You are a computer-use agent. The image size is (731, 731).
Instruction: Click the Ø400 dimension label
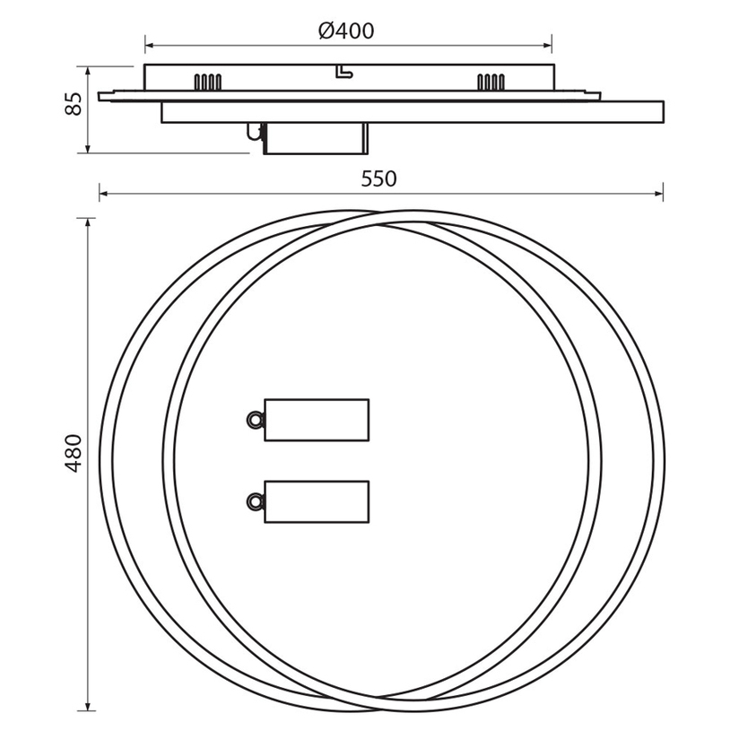(346, 30)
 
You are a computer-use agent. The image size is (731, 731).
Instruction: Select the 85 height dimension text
(74, 103)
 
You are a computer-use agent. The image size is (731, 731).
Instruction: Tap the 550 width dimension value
(379, 179)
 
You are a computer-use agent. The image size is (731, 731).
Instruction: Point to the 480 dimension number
(74, 453)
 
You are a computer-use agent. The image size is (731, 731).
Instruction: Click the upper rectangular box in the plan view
(317, 420)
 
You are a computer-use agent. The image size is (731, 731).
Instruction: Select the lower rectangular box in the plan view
(317, 501)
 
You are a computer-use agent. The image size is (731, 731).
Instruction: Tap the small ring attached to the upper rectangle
(254, 420)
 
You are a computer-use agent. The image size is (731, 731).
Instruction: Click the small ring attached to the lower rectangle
(254, 501)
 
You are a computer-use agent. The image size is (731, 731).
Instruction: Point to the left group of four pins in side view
(208, 82)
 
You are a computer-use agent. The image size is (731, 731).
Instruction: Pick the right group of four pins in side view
(491, 82)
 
